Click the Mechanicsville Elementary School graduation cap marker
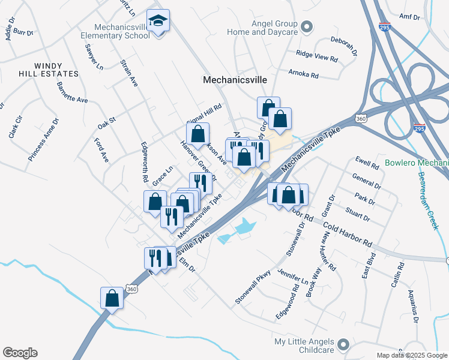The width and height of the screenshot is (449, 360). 158,22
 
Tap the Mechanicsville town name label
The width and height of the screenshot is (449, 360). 235,79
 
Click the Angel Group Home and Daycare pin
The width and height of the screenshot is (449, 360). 307,26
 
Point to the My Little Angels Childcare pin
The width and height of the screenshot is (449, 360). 343,344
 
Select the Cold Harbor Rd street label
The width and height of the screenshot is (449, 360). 348,235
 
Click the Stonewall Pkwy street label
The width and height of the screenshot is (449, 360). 254,288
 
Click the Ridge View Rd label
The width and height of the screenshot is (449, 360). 317,56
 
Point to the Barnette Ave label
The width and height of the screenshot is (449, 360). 72,92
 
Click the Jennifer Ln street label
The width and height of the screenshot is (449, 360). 292,277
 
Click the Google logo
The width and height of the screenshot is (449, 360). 20,353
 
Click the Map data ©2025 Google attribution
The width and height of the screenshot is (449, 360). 411,355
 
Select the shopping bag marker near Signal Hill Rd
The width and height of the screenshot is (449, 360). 197,134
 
